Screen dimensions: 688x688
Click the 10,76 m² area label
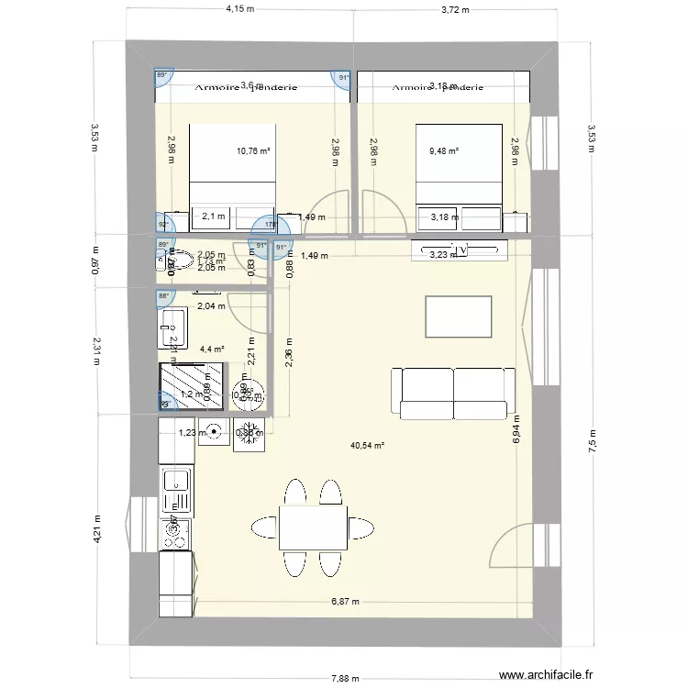pyautogui.click(x=253, y=151)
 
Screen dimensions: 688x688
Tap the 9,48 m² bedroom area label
pyautogui.click(x=443, y=151)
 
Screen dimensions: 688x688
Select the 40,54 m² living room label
pyautogui.click(x=367, y=446)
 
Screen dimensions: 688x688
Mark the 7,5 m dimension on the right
pyautogui.click(x=592, y=440)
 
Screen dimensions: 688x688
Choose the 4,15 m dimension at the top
pyautogui.click(x=239, y=9)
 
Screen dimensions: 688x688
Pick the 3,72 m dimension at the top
pyautogui.click(x=454, y=9)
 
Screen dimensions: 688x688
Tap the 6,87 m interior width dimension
pyautogui.click(x=345, y=603)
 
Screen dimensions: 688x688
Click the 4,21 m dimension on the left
pyautogui.click(x=96, y=526)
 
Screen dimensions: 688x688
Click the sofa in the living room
pyautogui.click(x=453, y=391)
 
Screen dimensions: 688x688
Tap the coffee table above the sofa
pyautogui.click(x=458, y=316)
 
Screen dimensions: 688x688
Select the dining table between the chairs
pyautogui.click(x=313, y=527)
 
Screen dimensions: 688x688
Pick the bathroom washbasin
pyautogui.click(x=172, y=324)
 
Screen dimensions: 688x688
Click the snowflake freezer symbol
pyautogui.click(x=247, y=437)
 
